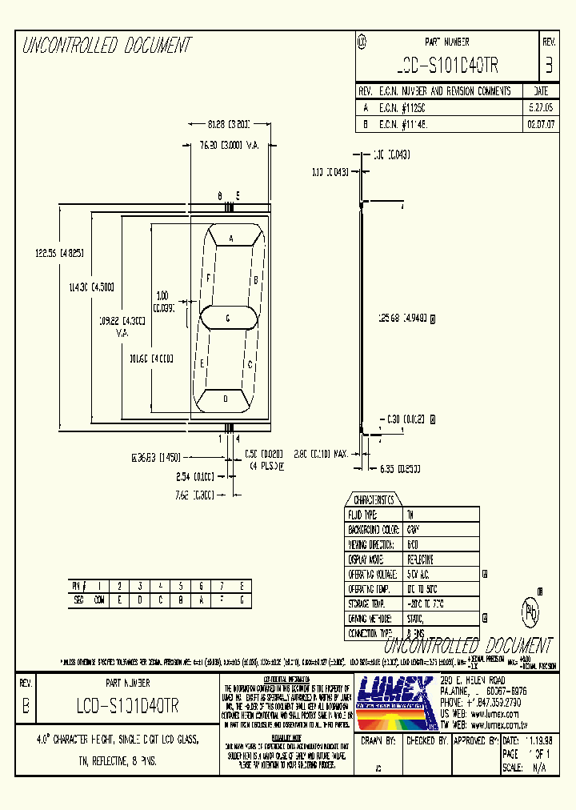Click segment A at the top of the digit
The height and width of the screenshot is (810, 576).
click(x=231, y=239)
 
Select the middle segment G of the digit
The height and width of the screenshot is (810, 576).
click(x=228, y=318)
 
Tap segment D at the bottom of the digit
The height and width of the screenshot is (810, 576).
click(x=226, y=398)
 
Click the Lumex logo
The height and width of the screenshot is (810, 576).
click(x=394, y=700)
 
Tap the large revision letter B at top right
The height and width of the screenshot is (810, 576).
click(x=548, y=66)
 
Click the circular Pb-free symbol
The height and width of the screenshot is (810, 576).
click(x=530, y=612)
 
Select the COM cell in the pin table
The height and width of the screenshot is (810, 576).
click(x=98, y=599)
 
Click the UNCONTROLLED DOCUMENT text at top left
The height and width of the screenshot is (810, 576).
click(x=106, y=46)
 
